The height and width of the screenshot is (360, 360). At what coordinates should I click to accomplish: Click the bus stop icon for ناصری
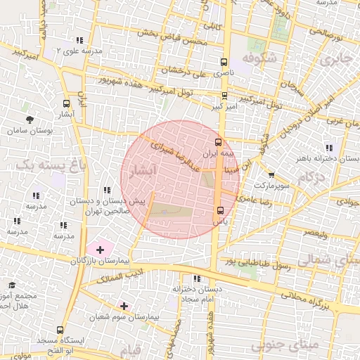224,62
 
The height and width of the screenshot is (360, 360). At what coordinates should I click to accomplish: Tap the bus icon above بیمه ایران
217,141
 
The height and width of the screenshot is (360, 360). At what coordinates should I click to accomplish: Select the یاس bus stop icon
220,210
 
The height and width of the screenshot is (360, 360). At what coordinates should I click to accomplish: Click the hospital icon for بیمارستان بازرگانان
99,250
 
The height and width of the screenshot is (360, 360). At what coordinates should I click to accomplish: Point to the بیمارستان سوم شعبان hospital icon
124,306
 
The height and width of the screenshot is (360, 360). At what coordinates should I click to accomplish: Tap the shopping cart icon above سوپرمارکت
271,175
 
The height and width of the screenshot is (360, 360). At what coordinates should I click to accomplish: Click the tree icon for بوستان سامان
29,120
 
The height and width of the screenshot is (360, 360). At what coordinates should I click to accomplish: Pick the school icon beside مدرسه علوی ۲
79,40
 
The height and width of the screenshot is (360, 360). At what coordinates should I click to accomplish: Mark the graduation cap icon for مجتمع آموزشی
12,285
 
